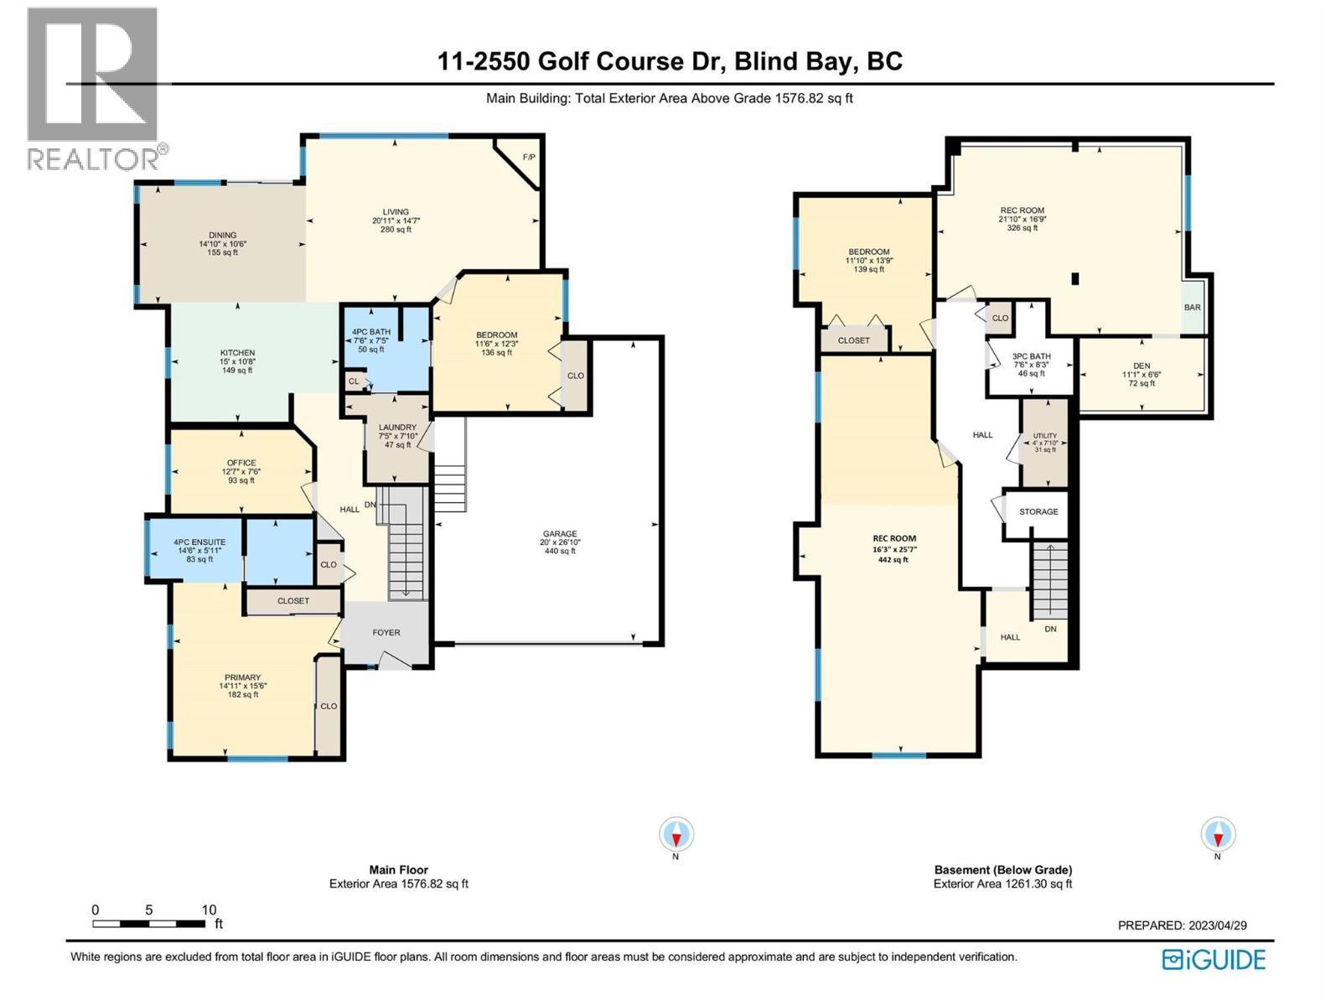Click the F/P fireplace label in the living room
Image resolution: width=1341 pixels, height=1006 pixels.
coord(528,158)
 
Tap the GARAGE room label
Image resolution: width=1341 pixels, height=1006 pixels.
coord(559,534)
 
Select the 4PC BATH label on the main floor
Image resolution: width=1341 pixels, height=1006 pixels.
coord(370,332)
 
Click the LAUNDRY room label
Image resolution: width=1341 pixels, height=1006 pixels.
coord(397,428)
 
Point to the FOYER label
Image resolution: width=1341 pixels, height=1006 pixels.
coord(386,633)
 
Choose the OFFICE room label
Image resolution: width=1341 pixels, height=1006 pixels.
coord(241,463)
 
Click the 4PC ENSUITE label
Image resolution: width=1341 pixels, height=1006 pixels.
coord(199,542)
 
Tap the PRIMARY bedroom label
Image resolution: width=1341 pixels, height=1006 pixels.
coord(242,677)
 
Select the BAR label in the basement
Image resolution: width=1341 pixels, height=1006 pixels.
coord(1192,308)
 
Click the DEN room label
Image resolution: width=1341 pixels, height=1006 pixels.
coord(1142,366)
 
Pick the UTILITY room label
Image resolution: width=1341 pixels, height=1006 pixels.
coord(1044,436)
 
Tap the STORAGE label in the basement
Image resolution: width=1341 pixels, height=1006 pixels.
coord(1038,511)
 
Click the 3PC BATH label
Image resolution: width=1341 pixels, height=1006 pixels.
coord(1031,356)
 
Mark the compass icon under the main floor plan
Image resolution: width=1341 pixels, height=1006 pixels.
coord(676,835)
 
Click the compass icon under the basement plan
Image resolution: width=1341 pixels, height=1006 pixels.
coord(1217,835)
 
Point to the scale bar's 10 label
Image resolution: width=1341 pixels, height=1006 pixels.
coord(209,910)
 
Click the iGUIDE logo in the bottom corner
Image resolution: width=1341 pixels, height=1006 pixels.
coord(1214,959)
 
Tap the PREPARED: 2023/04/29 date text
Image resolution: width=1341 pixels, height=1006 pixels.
coord(1182,926)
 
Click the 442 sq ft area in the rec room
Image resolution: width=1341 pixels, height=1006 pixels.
coord(893,559)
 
